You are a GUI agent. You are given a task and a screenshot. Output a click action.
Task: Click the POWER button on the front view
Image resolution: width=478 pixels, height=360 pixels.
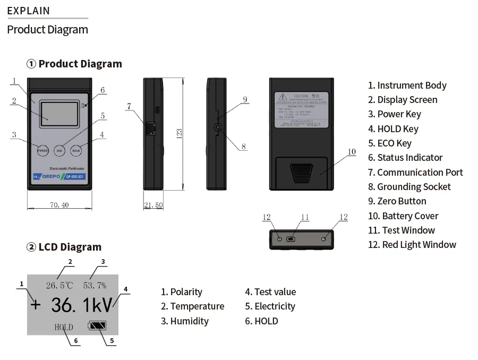pyautogui.click(x=42, y=150)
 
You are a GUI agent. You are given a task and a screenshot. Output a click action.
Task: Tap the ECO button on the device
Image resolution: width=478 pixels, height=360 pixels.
pyautogui.click(x=59, y=150)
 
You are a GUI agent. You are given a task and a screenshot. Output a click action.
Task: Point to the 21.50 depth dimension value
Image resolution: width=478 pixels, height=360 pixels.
pyautogui.click(x=153, y=205)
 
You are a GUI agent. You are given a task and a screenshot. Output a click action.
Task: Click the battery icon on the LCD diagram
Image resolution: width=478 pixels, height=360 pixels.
pyautogui.click(x=97, y=325)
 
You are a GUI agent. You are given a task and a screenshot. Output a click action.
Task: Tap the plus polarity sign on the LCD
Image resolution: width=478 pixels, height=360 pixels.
pyautogui.click(x=36, y=305)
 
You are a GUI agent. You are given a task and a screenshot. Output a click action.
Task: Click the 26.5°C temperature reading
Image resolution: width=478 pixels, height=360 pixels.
pyautogui.click(x=59, y=286)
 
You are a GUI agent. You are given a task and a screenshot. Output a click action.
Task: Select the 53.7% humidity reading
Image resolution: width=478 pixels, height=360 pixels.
pyautogui.click(x=95, y=286)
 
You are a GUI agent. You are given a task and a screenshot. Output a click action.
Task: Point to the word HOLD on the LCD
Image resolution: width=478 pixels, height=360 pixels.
pyautogui.click(x=64, y=327)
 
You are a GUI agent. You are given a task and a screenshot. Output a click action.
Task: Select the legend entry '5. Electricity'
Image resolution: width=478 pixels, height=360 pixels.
pyautogui.click(x=270, y=306)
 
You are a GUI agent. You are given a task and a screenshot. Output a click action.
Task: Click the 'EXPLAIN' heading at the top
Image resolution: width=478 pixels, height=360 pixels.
pyautogui.click(x=28, y=11)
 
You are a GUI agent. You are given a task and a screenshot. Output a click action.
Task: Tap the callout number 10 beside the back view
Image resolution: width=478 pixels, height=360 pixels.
pyautogui.click(x=351, y=152)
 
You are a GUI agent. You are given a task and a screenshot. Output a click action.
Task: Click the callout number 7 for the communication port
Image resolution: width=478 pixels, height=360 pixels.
pyautogui.click(x=129, y=106)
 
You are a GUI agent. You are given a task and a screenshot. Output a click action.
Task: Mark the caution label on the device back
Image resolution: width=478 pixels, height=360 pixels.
pyautogui.click(x=302, y=110)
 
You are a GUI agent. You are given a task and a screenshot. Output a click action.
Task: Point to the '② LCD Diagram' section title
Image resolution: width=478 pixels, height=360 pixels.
pyautogui.click(x=64, y=247)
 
